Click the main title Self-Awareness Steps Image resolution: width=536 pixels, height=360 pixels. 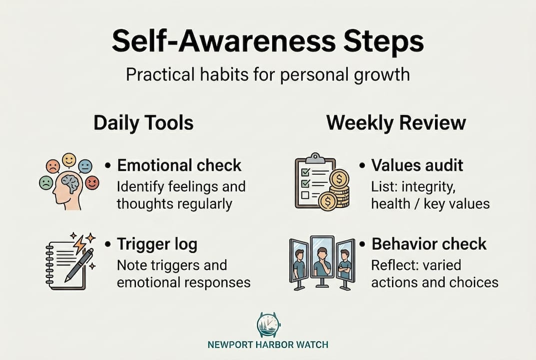point(268,41)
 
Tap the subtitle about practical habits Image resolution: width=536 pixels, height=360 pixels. point(268,74)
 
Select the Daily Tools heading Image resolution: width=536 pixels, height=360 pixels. point(143,123)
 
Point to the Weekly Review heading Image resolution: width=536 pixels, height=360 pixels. point(396,122)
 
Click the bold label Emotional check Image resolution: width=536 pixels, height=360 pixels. point(179,165)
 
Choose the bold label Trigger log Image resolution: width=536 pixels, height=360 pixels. point(157,244)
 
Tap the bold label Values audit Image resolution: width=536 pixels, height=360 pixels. point(417,165)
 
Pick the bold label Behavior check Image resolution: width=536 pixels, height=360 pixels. point(429,244)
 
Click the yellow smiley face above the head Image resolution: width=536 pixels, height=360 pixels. point(69,160)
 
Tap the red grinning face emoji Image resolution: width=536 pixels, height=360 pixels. point(92,182)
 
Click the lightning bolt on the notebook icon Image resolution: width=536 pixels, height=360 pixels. point(80,243)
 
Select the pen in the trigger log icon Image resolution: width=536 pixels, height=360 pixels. point(79,265)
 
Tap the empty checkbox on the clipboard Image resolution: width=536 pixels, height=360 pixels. point(305,195)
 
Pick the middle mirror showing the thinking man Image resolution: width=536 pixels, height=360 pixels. point(322,257)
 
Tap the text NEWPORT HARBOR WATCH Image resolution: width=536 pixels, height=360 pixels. point(268,344)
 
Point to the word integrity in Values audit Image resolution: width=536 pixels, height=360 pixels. point(428,187)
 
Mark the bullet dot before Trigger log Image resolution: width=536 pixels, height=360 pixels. point(108,244)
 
